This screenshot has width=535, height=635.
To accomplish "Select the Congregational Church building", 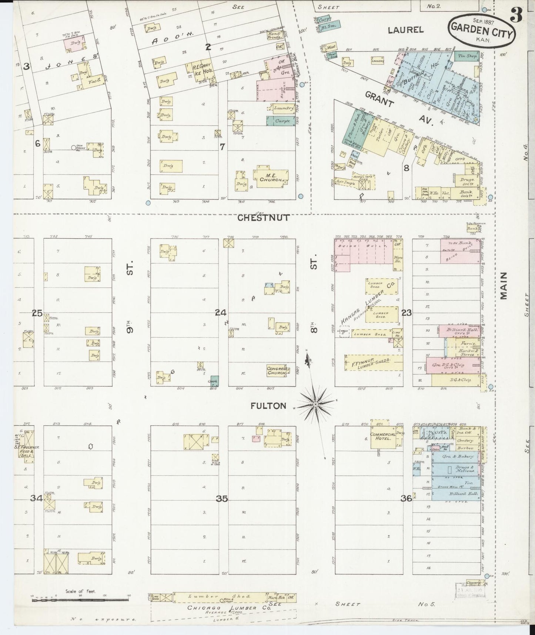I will tap(277, 370).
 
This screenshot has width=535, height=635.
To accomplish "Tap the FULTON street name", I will tap(268, 406).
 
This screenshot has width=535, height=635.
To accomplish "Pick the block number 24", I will tap(221, 313).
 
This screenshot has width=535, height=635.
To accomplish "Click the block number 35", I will tap(222, 499).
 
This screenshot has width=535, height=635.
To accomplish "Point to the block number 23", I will tap(407, 313).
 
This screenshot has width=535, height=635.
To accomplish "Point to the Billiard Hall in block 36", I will tap(458, 494).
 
